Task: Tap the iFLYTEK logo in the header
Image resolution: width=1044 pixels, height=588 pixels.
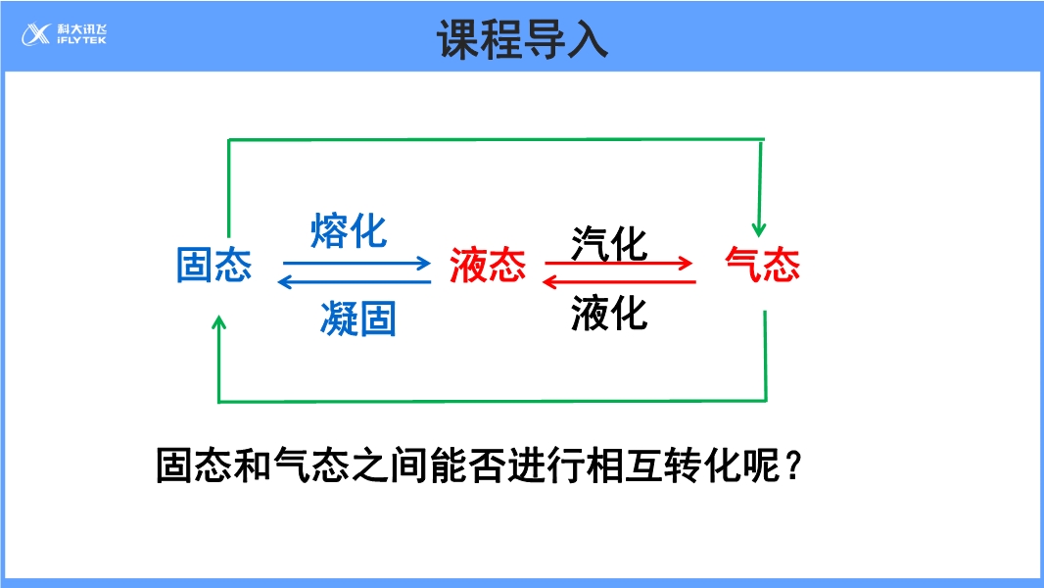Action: pyautogui.click(x=65, y=35)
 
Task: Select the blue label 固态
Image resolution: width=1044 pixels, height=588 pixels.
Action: pyautogui.click(x=214, y=266)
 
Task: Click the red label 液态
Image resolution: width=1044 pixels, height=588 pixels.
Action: pyautogui.click(x=488, y=266)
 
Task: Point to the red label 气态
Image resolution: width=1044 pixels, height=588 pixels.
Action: pyautogui.click(x=762, y=266)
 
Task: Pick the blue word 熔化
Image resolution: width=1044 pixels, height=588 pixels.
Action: pyautogui.click(x=349, y=231)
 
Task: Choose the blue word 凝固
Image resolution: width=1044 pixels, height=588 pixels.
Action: pyautogui.click(x=357, y=319)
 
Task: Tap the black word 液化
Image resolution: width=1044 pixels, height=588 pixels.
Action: pyautogui.click(x=609, y=314)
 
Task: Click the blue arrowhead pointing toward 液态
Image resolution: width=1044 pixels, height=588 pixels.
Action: pyautogui.click(x=424, y=263)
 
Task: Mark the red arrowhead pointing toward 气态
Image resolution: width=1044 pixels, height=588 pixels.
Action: pyautogui.click(x=687, y=263)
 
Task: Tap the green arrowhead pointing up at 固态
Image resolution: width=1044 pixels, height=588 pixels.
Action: pyautogui.click(x=218, y=324)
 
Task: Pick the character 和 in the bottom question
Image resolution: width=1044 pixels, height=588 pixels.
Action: pyautogui.click(x=252, y=465)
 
